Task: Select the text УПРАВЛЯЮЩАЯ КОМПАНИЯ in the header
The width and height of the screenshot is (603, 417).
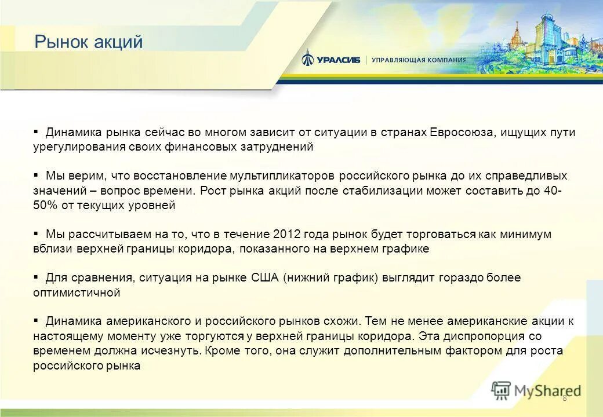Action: (418, 60)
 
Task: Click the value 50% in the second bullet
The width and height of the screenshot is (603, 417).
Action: (43, 206)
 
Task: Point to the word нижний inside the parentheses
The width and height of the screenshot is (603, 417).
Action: (308, 278)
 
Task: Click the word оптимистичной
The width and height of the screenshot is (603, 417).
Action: (77, 293)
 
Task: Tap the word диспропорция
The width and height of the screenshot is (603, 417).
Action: (525, 336)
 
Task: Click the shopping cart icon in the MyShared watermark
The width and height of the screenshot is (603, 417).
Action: (502, 390)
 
